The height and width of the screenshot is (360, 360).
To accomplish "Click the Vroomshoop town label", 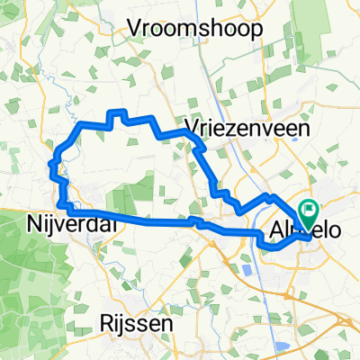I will (195, 29).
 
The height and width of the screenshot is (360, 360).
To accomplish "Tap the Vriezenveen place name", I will (247, 128).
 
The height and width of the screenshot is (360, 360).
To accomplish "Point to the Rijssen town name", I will (137, 322).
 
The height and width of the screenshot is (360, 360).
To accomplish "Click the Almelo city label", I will (306, 231).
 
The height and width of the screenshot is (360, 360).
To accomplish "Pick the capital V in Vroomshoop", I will (134, 29).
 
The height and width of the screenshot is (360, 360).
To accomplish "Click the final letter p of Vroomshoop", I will (257, 31).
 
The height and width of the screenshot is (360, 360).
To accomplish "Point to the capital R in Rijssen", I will (104, 322).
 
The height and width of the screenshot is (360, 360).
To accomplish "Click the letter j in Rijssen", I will (120, 324).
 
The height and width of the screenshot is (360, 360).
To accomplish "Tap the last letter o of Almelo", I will (335, 231).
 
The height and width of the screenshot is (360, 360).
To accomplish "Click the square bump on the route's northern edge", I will (117, 116).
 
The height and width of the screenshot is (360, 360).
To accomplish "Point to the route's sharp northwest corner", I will (82, 123).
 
